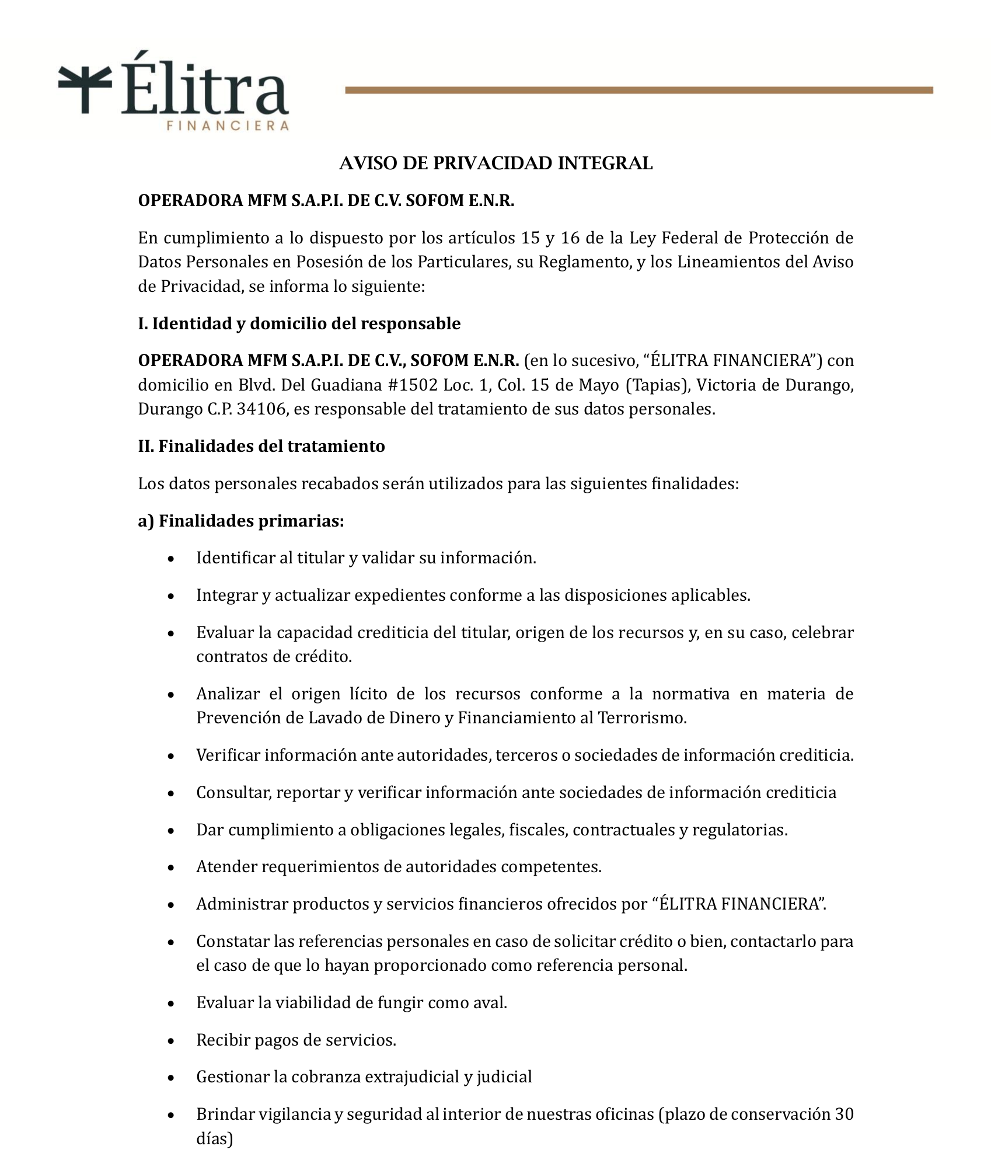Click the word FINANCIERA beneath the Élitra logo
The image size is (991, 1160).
point(228,126)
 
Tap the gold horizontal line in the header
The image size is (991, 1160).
point(638,90)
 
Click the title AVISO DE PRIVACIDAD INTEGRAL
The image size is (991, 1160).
point(496,163)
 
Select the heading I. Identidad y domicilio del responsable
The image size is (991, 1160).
point(299,323)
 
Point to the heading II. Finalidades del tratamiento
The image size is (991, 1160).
point(261,446)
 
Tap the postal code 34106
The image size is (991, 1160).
point(262,409)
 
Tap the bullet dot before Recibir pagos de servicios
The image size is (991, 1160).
point(171,1041)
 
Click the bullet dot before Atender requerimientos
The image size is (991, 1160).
point(171,868)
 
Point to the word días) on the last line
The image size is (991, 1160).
point(214,1138)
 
